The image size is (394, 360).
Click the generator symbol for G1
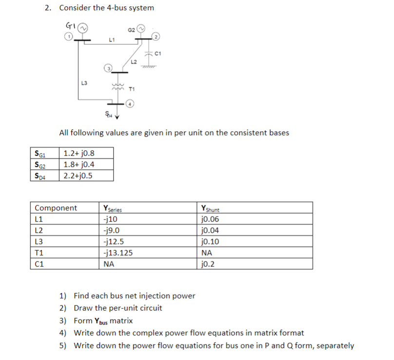[x=83, y=28]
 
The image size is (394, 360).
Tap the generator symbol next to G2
[x=140, y=29]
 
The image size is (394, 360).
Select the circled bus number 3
[x=110, y=67]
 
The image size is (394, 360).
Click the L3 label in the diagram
[x=84, y=83]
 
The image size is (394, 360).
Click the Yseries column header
[x=113, y=209]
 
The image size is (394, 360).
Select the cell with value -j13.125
[x=118, y=253]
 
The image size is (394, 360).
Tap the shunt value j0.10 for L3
[x=210, y=241]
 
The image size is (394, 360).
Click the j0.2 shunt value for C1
[x=208, y=264]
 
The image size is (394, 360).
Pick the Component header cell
[x=56, y=208]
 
